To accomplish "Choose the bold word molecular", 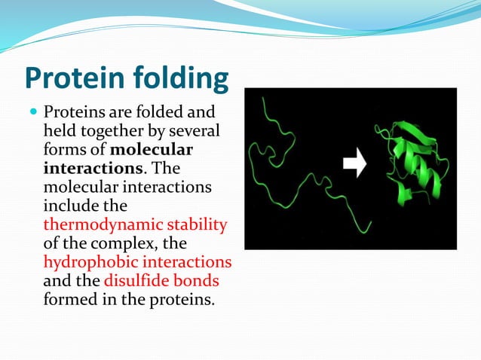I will [x=157, y=149].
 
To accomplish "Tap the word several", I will [x=194, y=131].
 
